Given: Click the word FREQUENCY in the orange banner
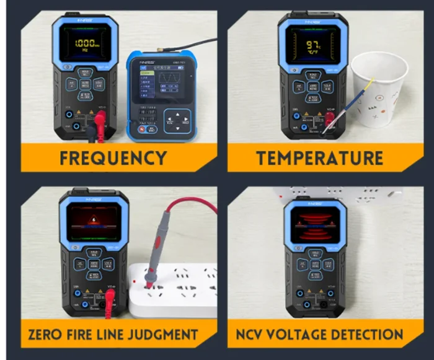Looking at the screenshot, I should (x=113, y=157).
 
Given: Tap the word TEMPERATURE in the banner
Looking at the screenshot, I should (x=319, y=157).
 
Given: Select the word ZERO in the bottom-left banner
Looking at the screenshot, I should (x=49, y=335).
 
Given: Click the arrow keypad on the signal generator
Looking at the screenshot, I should (x=180, y=120).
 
